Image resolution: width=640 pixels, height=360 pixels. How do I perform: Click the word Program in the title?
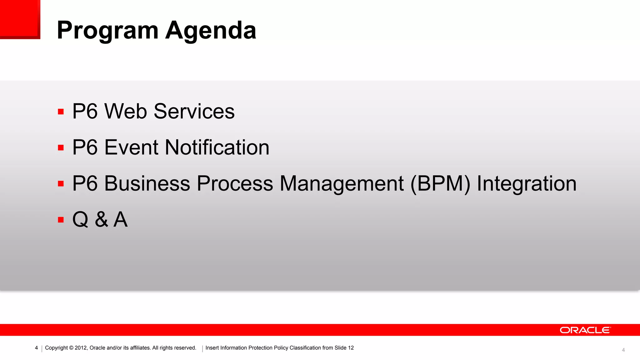(x=107, y=31)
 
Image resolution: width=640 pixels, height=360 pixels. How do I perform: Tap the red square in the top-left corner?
(x=20, y=19)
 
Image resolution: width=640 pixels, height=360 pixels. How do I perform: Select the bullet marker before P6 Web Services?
(x=61, y=112)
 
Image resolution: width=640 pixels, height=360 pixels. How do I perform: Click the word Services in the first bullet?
(x=194, y=111)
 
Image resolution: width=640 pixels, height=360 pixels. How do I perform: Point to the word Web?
(x=125, y=111)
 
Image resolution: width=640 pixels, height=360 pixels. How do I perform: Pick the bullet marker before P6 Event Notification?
(x=61, y=147)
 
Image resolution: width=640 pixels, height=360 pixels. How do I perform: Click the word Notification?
(x=217, y=147)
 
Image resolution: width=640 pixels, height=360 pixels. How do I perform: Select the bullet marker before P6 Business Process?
(x=61, y=184)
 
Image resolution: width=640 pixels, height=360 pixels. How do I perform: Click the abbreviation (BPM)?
(x=440, y=183)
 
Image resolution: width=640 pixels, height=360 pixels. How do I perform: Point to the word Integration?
(x=527, y=183)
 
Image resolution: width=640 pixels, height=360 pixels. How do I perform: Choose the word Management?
(x=341, y=183)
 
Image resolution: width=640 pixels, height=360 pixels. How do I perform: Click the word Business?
(x=147, y=183)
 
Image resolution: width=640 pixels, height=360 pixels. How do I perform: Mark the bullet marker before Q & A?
(x=61, y=220)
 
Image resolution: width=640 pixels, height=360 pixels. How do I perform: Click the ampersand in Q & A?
(x=102, y=219)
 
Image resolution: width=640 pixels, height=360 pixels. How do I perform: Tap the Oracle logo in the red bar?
(x=585, y=330)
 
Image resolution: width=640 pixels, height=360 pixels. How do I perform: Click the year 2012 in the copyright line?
(x=81, y=348)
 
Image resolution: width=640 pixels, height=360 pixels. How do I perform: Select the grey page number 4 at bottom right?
(x=623, y=350)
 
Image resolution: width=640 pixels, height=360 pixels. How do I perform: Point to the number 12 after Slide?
(x=351, y=348)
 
